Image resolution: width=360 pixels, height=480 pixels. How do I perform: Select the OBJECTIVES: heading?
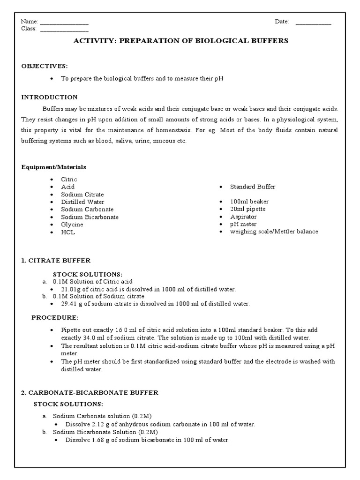coord(45,66)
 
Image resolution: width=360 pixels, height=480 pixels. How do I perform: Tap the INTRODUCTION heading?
coord(49,97)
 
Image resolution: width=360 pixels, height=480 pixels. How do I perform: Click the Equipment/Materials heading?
coord(54,167)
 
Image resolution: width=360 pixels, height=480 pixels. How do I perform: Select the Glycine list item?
coord(72,225)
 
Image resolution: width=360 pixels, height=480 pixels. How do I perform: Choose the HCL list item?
coord(68,232)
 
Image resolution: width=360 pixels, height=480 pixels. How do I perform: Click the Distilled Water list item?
coord(82,202)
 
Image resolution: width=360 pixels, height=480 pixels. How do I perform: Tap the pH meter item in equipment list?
coord(243,224)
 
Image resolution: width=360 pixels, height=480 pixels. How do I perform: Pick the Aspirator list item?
coord(243,217)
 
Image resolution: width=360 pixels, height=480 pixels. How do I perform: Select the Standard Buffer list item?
coord(253,187)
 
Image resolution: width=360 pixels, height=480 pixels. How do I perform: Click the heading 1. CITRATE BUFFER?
coord(56,260)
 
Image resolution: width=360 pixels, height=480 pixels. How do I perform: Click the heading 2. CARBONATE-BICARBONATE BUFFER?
coord(90,392)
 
